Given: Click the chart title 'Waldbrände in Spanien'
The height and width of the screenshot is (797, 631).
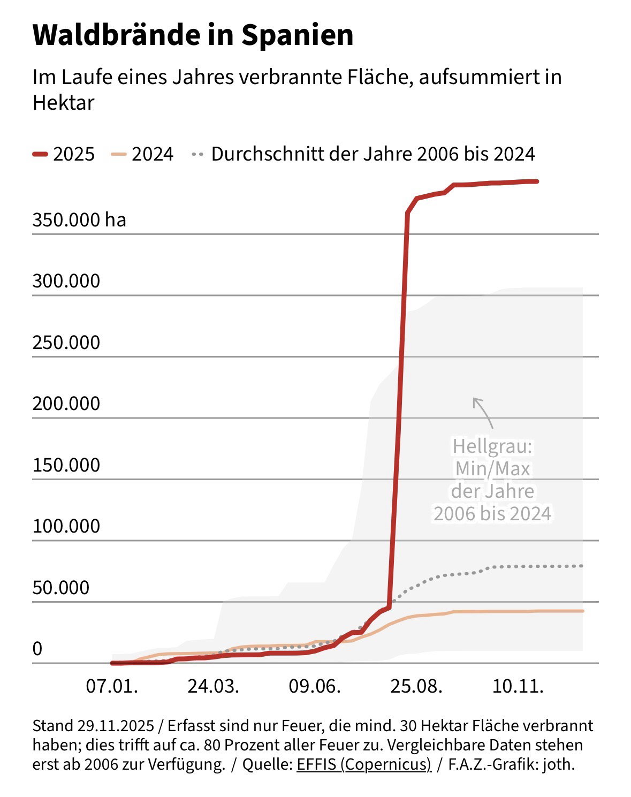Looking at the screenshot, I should pos(193,35).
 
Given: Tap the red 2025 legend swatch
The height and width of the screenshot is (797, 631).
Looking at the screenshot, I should pos(41,154).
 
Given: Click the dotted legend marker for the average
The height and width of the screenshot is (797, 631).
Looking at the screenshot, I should pos(197,154).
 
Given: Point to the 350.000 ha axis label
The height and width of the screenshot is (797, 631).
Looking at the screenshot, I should pos(79,219).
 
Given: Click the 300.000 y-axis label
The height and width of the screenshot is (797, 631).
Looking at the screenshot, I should pos(66,281).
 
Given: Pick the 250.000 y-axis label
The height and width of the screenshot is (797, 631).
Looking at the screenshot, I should pos(66,343).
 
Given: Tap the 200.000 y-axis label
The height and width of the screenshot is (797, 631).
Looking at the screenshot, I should pos(66,404).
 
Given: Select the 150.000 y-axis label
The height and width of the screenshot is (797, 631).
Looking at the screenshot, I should pos(66,465).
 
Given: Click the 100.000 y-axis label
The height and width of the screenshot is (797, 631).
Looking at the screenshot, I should pos(66,526).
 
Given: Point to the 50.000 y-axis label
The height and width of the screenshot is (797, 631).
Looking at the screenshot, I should pos(61,588).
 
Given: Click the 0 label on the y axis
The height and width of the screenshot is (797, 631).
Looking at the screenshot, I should pos(37,649).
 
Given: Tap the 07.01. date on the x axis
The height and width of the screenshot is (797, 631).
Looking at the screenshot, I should pos(112,686).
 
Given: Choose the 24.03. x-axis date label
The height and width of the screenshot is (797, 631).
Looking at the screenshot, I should pos(213,686).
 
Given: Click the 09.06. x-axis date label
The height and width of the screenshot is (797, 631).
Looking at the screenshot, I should pos(315,686).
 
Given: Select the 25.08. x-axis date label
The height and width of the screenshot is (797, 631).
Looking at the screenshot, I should pos(416,686).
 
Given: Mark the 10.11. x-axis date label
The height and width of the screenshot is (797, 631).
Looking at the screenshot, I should pos(518,686).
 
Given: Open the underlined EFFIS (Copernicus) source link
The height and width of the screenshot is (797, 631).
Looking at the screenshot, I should pos(363,764).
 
